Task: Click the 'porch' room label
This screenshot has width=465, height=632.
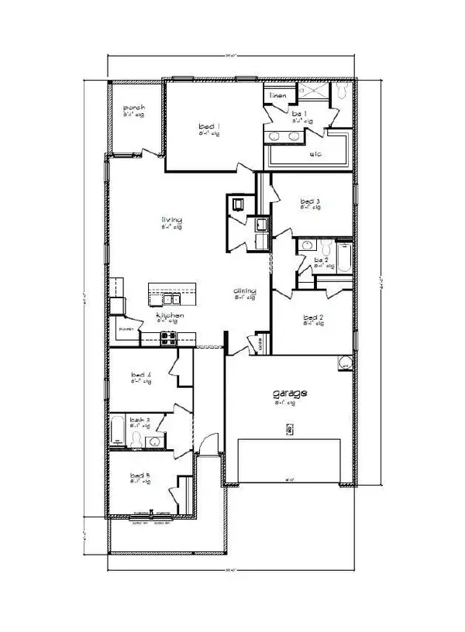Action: tap(133, 108)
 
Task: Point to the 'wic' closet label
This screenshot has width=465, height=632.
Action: tap(315, 154)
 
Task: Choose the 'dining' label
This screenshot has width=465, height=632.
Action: tap(245, 292)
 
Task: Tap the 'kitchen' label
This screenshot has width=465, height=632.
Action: tap(170, 317)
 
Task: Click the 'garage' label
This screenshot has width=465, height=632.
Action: tap(290, 393)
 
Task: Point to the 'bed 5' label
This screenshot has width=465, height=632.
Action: tap(139, 475)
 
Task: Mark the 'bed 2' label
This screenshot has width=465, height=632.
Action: tap(313, 318)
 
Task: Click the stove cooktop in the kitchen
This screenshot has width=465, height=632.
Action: tap(168, 337)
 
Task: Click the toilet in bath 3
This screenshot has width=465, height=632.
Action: tap(138, 440)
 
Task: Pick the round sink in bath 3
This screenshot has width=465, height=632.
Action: tap(154, 441)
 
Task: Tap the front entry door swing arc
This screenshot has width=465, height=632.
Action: tap(204, 443)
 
